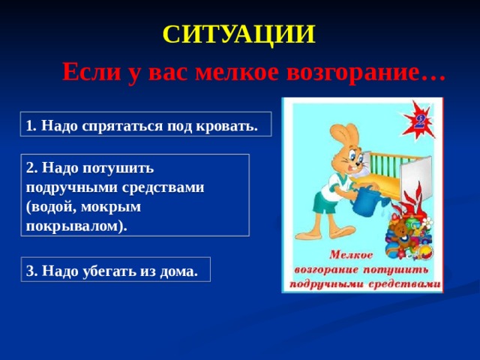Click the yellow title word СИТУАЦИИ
coord(238,34)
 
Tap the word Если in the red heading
coord(91,72)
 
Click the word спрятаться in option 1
coord(122,126)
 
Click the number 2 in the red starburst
coord(419,121)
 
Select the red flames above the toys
coord(410,202)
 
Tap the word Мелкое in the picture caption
coord(351,255)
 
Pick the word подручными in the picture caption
coord(326,285)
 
